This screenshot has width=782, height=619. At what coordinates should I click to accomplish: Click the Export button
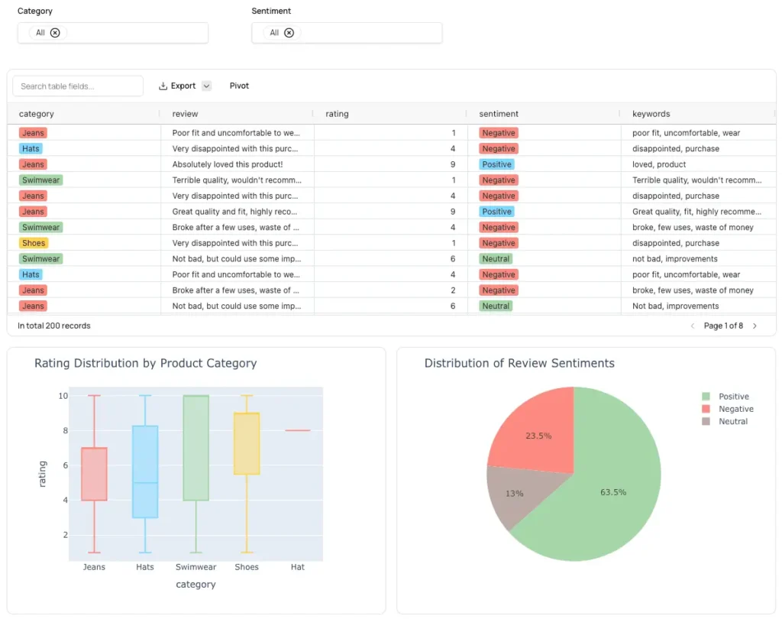pyautogui.click(x=177, y=86)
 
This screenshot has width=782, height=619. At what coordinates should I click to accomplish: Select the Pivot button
pyautogui.click(x=239, y=86)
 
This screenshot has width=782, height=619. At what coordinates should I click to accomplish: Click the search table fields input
pyautogui.click(x=78, y=86)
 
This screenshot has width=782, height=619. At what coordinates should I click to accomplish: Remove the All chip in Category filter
pyautogui.click(x=55, y=33)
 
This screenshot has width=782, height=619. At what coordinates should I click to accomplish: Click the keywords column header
pyautogui.click(x=651, y=114)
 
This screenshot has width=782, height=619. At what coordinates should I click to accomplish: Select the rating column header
pyautogui.click(x=337, y=114)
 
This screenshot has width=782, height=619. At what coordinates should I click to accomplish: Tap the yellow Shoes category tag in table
pyautogui.click(x=34, y=243)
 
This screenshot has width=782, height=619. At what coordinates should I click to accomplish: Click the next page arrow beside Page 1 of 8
pyautogui.click(x=755, y=326)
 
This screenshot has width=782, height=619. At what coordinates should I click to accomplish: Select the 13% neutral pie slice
pyautogui.click(x=513, y=493)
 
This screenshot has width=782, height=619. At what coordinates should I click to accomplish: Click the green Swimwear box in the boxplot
pyautogui.click(x=196, y=447)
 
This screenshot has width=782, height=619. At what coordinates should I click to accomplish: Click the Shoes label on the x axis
pyautogui.click(x=247, y=567)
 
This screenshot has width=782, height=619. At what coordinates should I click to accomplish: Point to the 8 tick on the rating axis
pyautogui.click(x=63, y=431)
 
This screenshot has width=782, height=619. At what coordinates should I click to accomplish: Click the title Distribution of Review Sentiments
pyautogui.click(x=519, y=364)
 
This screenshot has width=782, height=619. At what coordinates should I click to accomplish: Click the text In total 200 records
pyautogui.click(x=54, y=326)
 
